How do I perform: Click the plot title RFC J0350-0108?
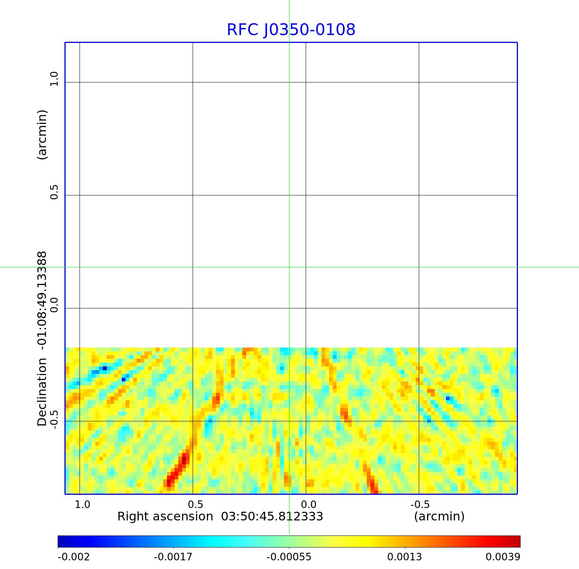[x=291, y=30]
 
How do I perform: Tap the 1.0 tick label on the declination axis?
[x=54, y=79]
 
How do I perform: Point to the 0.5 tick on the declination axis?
[x=54, y=192]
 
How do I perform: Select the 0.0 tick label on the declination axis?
[x=54, y=305]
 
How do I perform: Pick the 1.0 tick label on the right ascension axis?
[x=82, y=505]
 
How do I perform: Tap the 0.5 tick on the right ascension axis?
[x=195, y=505]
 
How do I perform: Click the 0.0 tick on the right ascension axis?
[x=308, y=505]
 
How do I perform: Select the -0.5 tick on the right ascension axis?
[x=420, y=505]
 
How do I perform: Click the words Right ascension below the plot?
[x=165, y=516]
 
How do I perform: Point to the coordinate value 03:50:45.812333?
[x=272, y=516]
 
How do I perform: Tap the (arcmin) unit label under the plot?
[x=439, y=516]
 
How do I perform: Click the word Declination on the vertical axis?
[x=42, y=392]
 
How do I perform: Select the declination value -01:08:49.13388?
[x=42, y=301]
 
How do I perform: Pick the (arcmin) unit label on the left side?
[x=42, y=135]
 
